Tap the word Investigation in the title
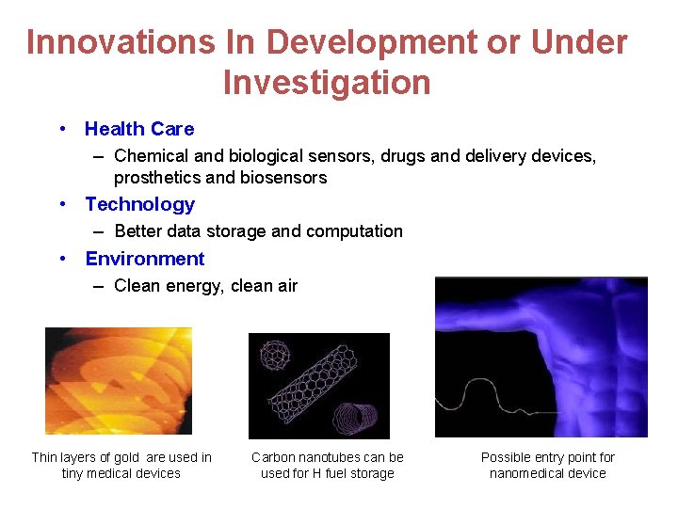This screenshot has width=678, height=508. (327, 83)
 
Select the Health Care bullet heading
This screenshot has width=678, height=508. (139, 129)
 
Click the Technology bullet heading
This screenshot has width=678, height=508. (139, 204)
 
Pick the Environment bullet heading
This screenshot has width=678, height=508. (144, 259)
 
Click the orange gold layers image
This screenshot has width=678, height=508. (118, 380)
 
